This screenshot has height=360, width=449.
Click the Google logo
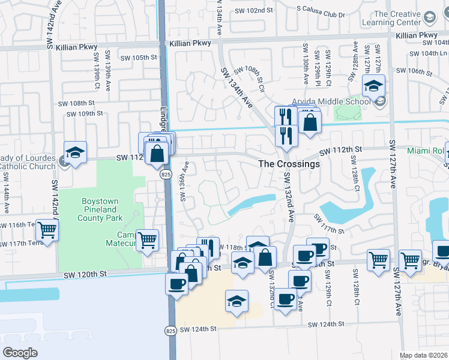[x=20, y=353]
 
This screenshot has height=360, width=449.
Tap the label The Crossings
[x=288, y=163]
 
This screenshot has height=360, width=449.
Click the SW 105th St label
[x=138, y=58]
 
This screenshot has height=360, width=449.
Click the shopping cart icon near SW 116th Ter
[x=47, y=229]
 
